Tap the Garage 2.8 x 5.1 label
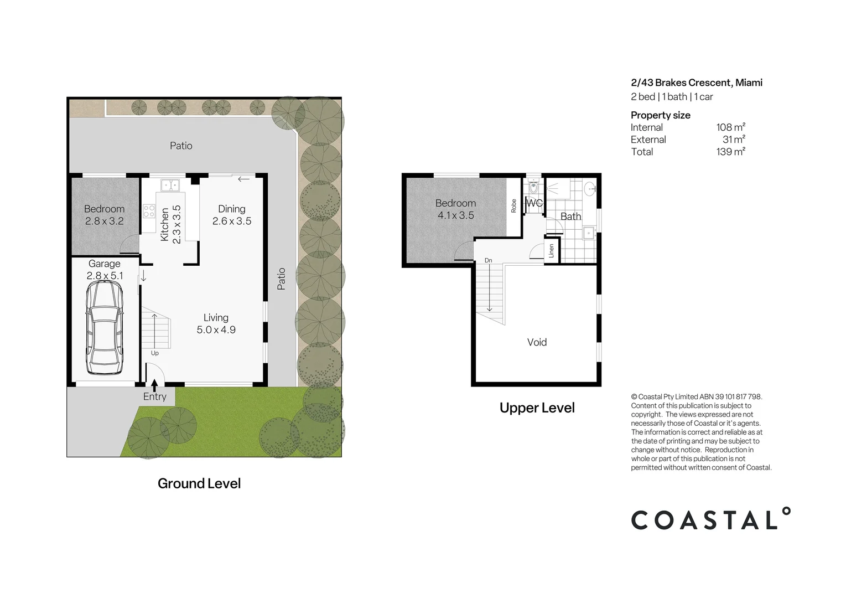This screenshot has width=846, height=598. [x=104, y=270]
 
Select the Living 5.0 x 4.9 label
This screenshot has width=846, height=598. [x=216, y=323]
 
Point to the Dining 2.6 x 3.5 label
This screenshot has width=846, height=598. [x=232, y=215]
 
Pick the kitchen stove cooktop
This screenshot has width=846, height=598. [x=149, y=211]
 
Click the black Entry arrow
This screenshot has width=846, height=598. [x=154, y=384]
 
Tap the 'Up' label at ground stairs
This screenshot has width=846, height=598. [x=155, y=353]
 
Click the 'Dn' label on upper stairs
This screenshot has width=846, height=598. [x=488, y=260]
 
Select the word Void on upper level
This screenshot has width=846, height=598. [x=537, y=342]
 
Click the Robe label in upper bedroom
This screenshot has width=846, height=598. [x=513, y=206]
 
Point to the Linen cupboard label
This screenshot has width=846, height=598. [x=551, y=251]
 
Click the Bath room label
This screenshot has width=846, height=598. [x=570, y=216]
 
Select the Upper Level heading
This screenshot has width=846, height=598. [x=537, y=408]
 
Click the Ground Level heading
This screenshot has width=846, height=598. [x=199, y=483]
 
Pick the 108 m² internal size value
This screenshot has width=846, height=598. [x=730, y=127]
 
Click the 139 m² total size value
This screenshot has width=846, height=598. [x=730, y=152]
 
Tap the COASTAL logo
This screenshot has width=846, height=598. [x=710, y=519]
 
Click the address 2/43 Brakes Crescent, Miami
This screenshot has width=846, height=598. [x=697, y=83]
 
